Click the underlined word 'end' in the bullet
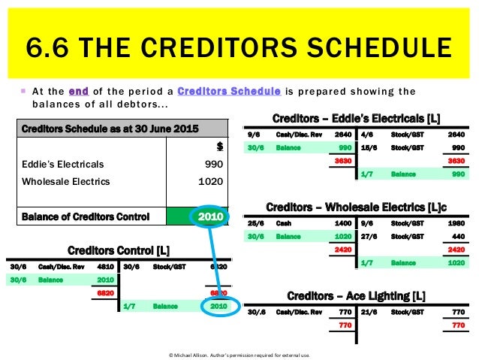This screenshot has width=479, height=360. [x=78, y=92]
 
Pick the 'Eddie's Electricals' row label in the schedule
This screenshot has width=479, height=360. [x=63, y=164]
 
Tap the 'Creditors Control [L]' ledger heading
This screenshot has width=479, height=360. [x=118, y=250]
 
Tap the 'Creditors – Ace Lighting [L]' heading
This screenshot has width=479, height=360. [x=356, y=295]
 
